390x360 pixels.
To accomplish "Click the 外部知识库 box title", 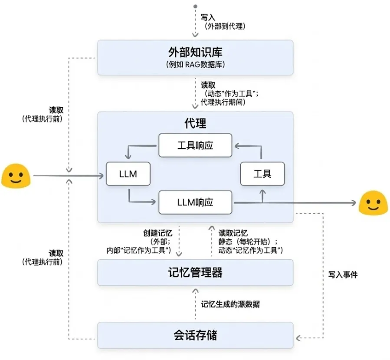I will pyautogui.click(x=195, y=53).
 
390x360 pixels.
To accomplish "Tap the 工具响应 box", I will pyautogui.click(x=195, y=145).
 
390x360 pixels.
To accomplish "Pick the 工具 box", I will pyautogui.click(x=262, y=174).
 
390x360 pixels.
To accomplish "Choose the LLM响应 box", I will pyautogui.click(x=195, y=202).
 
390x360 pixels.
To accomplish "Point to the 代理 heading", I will pyautogui.click(x=195, y=123).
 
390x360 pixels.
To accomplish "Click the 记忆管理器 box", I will pyautogui.click(x=195, y=273).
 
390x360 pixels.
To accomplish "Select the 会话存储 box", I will pyautogui.click(x=195, y=335).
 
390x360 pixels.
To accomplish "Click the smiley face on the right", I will pyautogui.click(x=374, y=202).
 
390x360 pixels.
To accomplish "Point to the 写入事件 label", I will pyautogui.click(x=343, y=275).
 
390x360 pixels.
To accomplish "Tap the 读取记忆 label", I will pyautogui.click(x=233, y=233).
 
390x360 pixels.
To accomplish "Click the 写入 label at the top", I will pyautogui.click(x=206, y=18).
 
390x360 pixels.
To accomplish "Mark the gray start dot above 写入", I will pyautogui.click(x=195, y=7).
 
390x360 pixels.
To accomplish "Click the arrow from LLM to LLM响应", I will pyautogui.click(x=139, y=200).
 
